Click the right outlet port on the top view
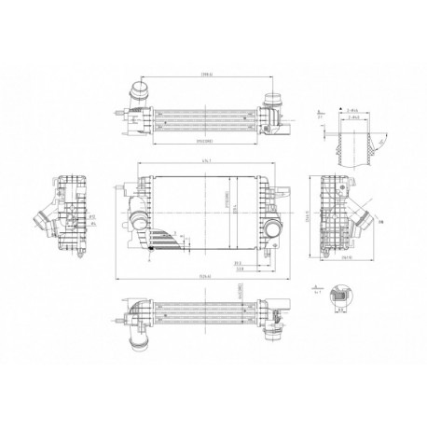(x=275, y=103)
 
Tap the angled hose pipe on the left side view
(x=42, y=220)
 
